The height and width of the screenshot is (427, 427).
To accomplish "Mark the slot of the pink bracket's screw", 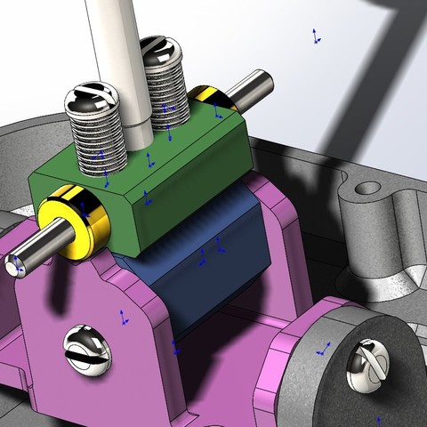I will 88,349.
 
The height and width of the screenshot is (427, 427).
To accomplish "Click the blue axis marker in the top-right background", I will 315,36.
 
